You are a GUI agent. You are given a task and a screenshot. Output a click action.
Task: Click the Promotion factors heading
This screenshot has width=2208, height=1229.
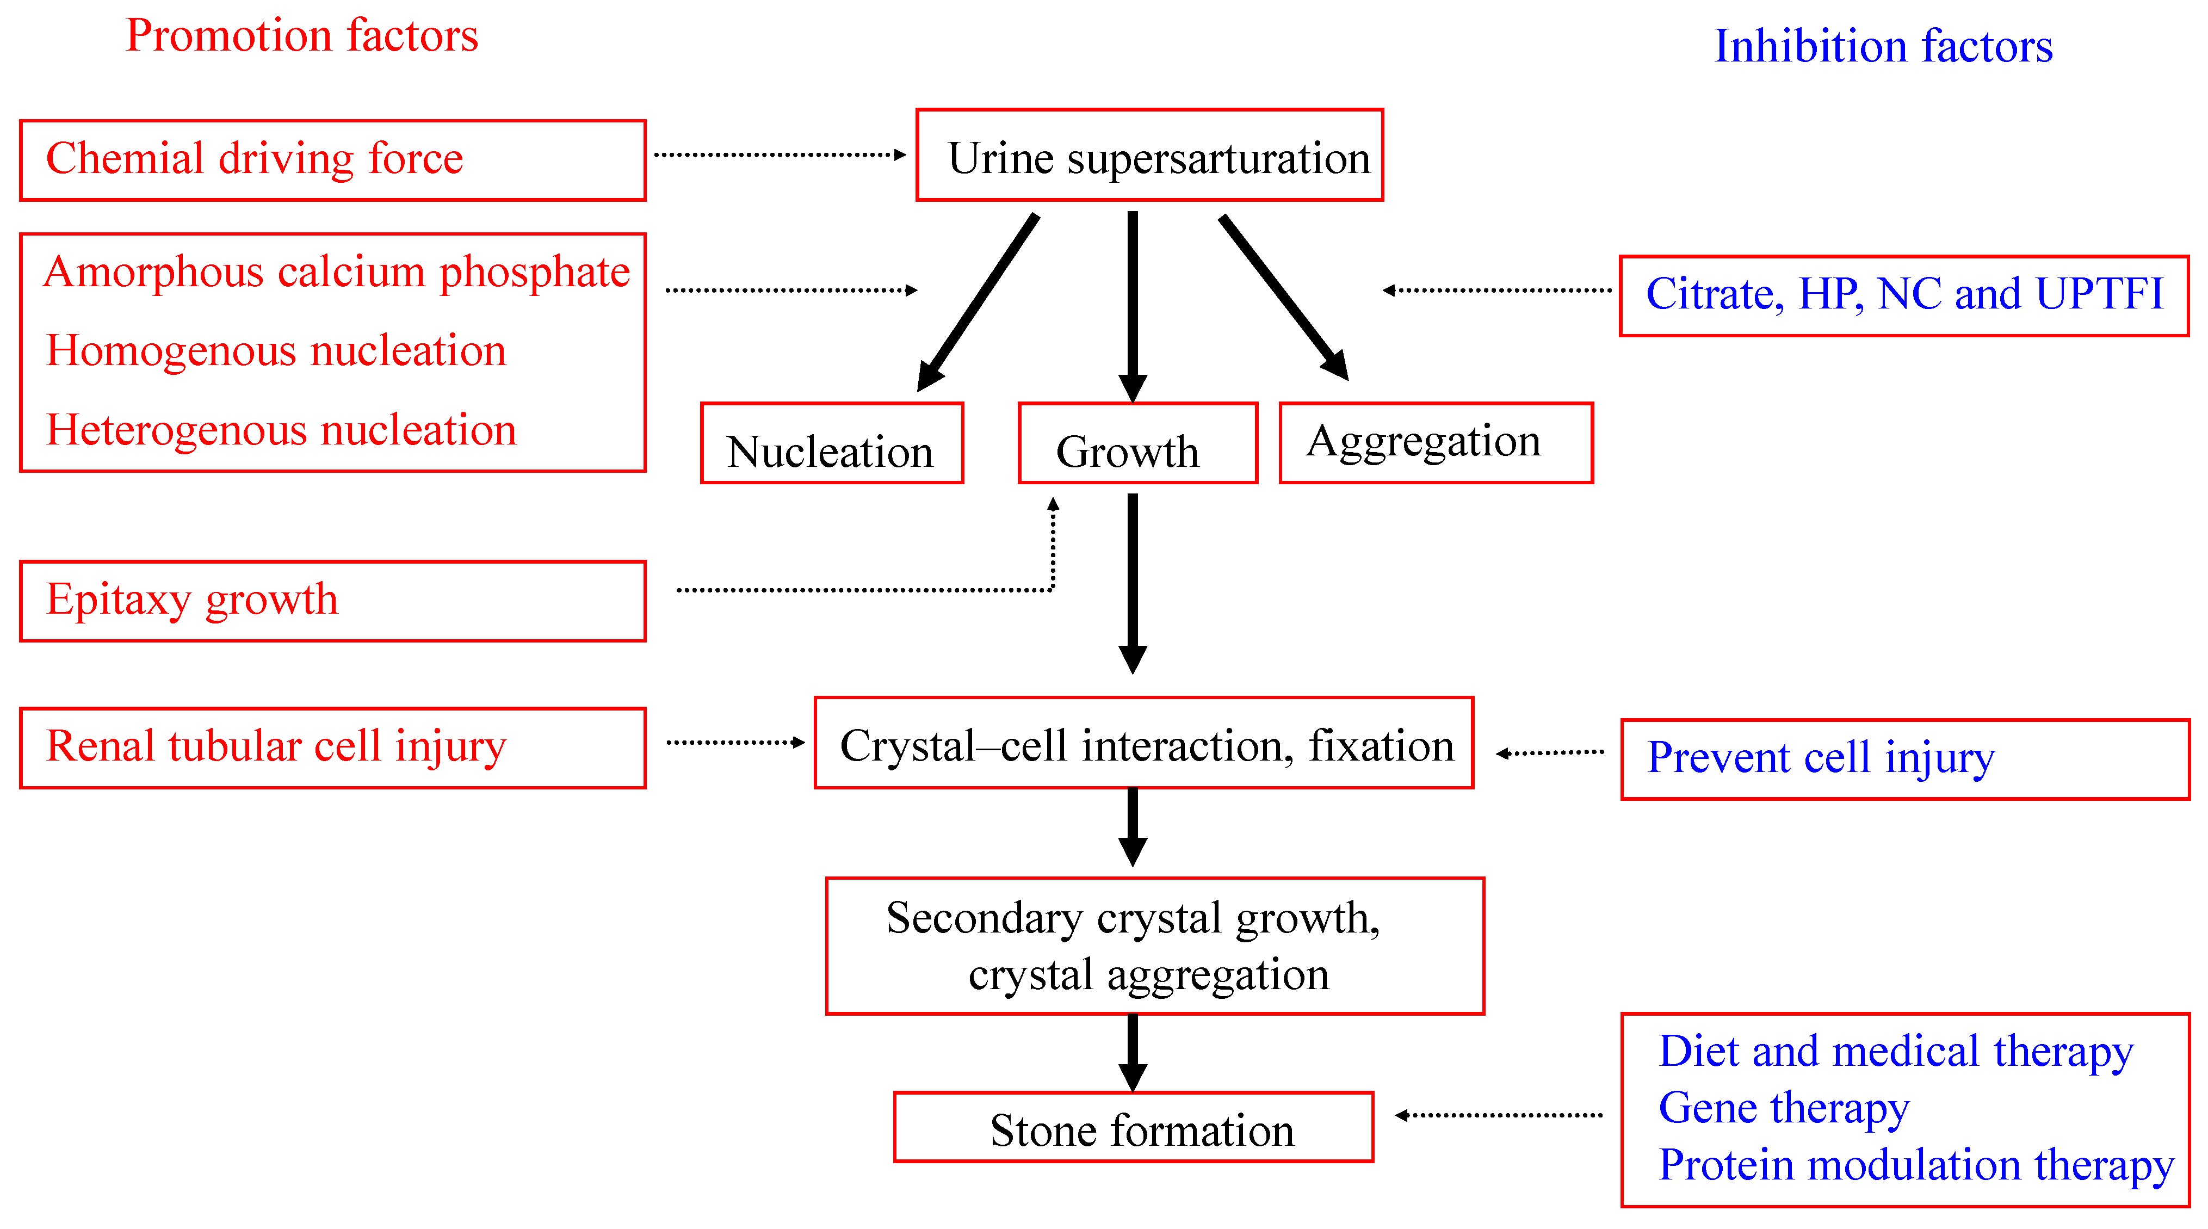tap(302, 36)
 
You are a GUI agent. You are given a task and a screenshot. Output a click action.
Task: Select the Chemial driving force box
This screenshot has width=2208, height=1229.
tap(332, 160)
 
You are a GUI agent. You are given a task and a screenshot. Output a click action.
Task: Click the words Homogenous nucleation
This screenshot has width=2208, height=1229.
tap(276, 350)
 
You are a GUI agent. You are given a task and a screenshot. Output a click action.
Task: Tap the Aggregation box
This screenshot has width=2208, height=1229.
tap(1435, 442)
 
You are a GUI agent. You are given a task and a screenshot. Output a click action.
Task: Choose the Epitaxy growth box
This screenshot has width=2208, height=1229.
tap(332, 601)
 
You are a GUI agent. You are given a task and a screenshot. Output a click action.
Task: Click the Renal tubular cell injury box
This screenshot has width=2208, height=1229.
tap(332, 748)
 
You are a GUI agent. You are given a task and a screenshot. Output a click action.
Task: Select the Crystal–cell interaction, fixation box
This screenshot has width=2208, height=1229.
tap(1143, 743)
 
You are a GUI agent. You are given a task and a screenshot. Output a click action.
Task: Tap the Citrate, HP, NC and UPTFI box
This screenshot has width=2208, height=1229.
tap(1903, 295)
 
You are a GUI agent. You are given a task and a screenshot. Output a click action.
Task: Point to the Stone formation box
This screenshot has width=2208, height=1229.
tap(1133, 1127)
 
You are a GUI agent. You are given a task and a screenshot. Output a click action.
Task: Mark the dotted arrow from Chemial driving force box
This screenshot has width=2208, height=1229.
tap(778, 155)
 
